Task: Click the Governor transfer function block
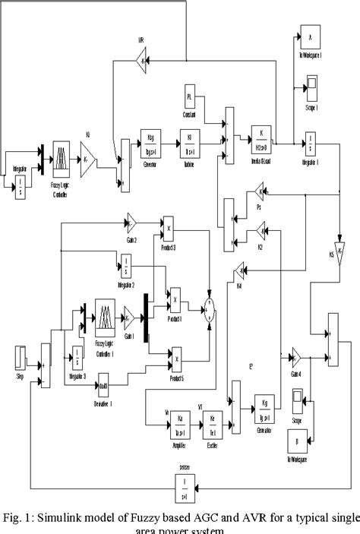(147, 141)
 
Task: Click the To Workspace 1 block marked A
(311, 36)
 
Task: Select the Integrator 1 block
(311, 141)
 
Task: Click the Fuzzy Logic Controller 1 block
(105, 314)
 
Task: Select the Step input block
(21, 357)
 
